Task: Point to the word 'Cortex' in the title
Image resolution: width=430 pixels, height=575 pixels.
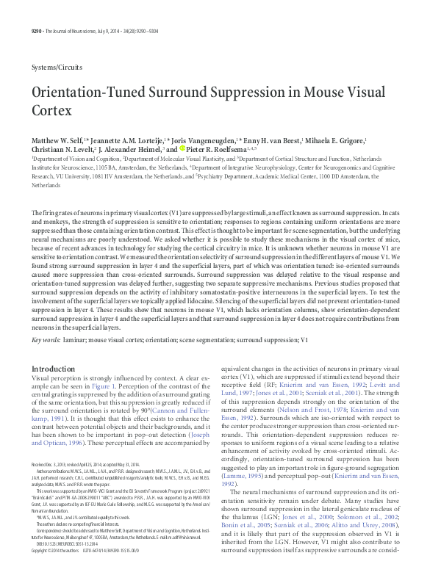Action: [51, 111]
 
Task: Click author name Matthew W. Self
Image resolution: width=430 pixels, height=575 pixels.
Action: [59, 140]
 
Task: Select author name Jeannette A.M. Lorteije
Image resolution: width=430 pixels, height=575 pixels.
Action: [126, 140]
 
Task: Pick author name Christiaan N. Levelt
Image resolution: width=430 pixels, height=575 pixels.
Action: [62, 149]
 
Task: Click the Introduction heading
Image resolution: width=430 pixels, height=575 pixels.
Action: [58, 369]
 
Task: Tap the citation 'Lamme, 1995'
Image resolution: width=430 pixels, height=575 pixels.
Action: [241, 475]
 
